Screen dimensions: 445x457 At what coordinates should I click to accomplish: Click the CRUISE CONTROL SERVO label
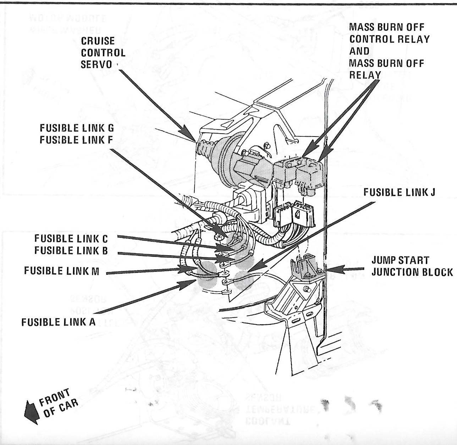click(x=103, y=53)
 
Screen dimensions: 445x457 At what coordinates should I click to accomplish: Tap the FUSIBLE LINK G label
click(x=77, y=128)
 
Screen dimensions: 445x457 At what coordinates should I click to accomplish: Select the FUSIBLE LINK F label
click(x=76, y=140)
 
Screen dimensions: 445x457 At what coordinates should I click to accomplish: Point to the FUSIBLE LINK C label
click(x=71, y=238)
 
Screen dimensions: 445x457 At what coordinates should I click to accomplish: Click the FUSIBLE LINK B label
click(x=71, y=250)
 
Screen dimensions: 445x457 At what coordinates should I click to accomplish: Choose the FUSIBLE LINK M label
click(x=62, y=271)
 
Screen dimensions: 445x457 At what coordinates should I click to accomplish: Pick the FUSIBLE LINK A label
click(x=59, y=322)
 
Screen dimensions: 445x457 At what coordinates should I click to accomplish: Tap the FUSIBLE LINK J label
click(x=399, y=193)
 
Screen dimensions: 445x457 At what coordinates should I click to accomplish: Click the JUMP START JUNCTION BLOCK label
click(x=412, y=266)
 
